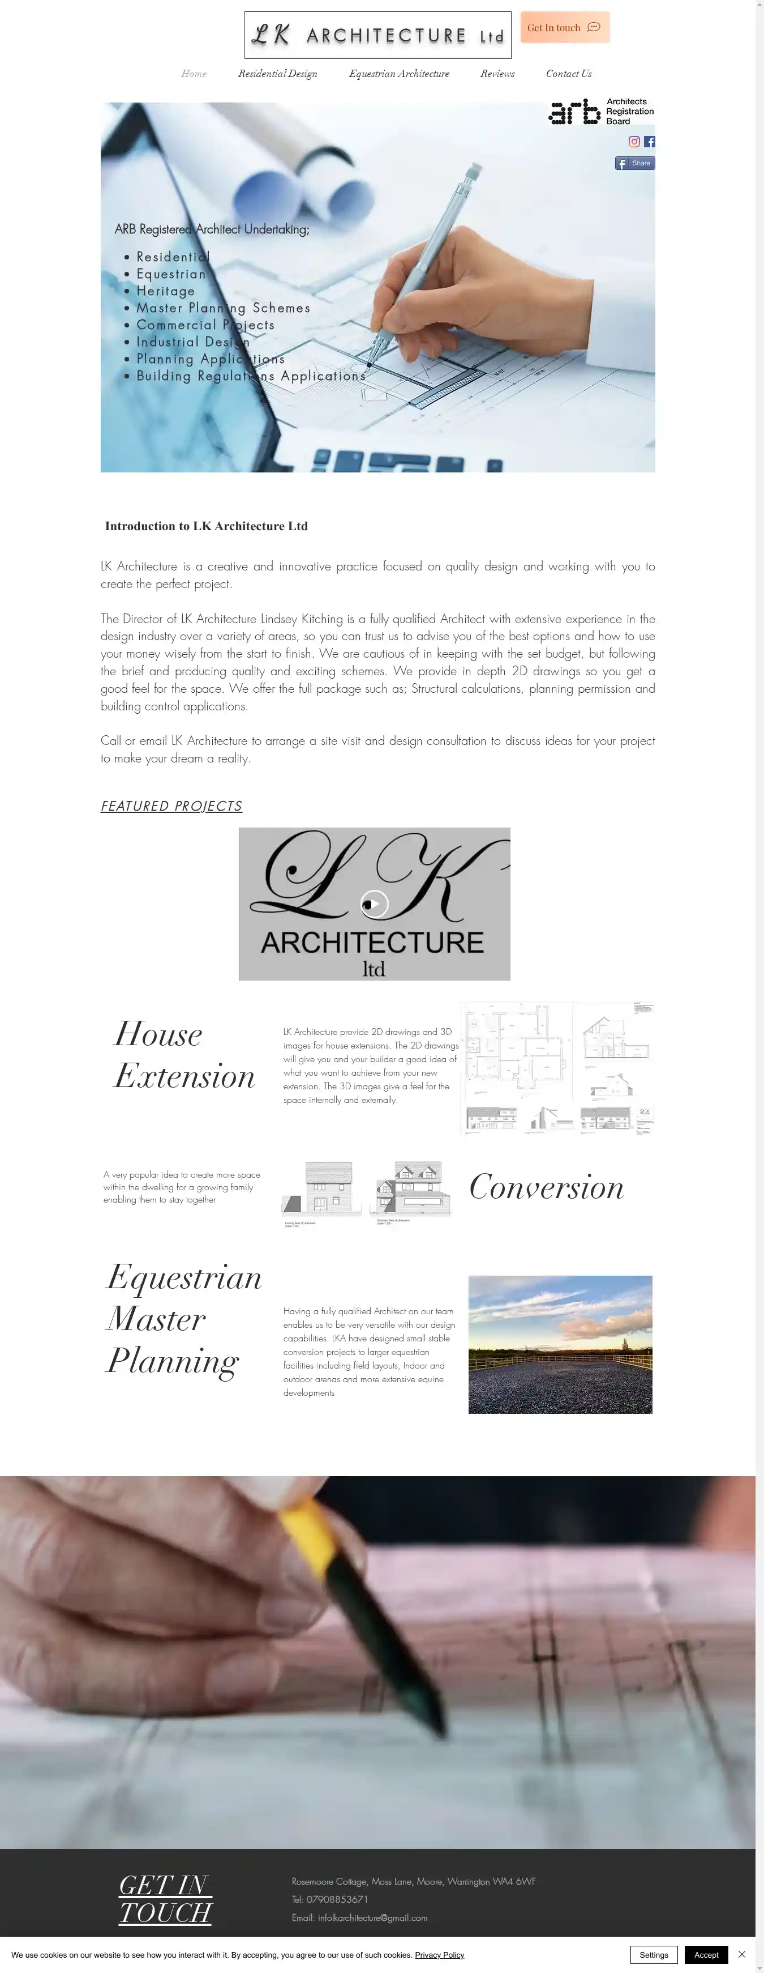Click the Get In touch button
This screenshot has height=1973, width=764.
click(564, 28)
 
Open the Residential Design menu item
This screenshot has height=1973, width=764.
click(277, 74)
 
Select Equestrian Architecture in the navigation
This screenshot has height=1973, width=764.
click(399, 74)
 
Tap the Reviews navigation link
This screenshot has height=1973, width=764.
click(497, 74)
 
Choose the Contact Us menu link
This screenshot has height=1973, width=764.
click(568, 74)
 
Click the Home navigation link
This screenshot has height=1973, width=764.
click(194, 74)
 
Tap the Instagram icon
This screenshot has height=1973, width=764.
click(634, 142)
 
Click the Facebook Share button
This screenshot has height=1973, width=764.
click(634, 163)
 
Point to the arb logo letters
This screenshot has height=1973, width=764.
click(574, 112)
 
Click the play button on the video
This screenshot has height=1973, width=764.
click(374, 904)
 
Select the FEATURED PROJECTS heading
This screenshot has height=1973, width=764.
click(171, 806)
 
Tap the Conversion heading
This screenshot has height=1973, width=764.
click(546, 1187)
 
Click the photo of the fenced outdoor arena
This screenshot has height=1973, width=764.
click(560, 1344)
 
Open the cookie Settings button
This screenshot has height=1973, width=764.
click(653, 1955)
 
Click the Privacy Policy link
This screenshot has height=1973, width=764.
click(439, 1955)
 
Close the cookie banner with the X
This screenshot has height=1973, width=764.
click(741, 1955)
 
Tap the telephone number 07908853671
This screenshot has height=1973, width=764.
click(337, 1899)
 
